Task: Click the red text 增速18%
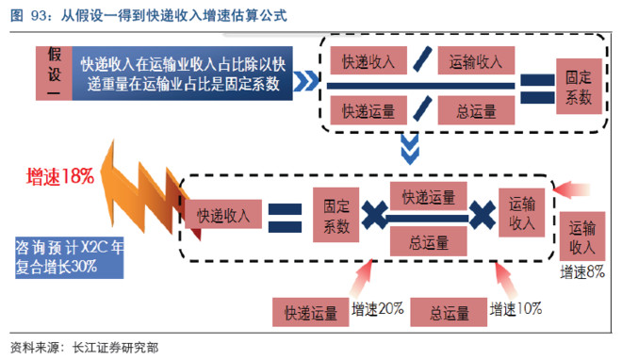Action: (60, 176)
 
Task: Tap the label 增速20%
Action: (378, 308)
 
